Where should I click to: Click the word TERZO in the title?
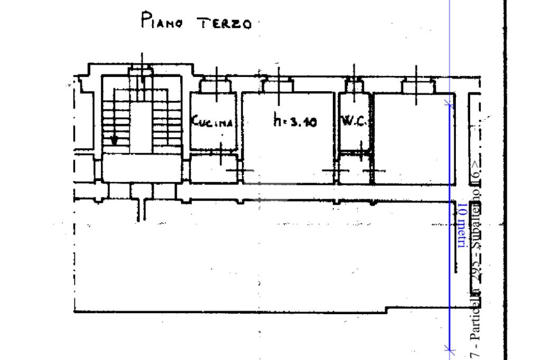click(x=223, y=24)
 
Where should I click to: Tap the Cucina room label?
click(x=212, y=122)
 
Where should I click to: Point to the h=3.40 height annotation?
click(x=295, y=122)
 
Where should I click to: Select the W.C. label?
click(x=353, y=121)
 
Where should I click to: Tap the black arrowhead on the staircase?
click(x=114, y=141)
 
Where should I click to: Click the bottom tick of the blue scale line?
click(x=450, y=348)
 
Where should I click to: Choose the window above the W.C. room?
click(x=354, y=84)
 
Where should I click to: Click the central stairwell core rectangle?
click(x=141, y=127)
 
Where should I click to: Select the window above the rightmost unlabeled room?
click(x=417, y=84)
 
